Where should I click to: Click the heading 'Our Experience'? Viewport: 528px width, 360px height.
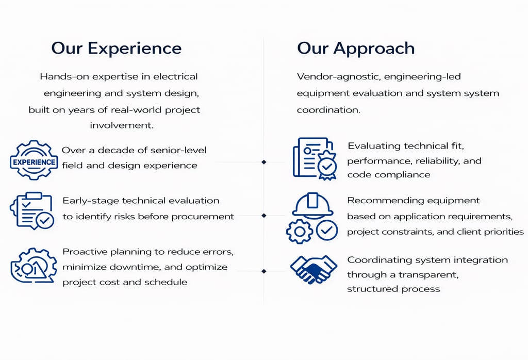[x=116, y=48]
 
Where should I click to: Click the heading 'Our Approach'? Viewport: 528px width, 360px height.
[x=356, y=48]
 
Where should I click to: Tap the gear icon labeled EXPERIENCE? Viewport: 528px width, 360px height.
[x=34, y=160]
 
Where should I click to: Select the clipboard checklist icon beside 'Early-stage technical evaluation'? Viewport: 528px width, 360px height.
[x=32, y=211]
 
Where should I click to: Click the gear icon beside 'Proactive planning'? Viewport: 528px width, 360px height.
[x=34, y=266]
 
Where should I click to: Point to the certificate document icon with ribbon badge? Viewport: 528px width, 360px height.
[x=315, y=158]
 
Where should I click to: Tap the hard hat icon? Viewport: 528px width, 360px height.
[x=312, y=205]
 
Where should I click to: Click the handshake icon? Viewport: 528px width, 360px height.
[x=313, y=269]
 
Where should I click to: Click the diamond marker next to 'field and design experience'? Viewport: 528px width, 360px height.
[x=263, y=162]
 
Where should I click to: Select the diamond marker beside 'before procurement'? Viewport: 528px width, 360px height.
[x=263, y=216]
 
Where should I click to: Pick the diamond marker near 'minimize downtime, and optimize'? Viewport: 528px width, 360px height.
[x=263, y=271]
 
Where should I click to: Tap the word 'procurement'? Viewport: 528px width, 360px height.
[x=203, y=217]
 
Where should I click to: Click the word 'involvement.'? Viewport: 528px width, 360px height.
[x=122, y=125]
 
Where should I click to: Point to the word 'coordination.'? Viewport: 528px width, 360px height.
[x=328, y=110]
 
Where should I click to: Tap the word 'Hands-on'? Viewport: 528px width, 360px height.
[x=64, y=76]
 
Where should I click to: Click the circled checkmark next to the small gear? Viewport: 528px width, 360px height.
[x=327, y=231]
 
